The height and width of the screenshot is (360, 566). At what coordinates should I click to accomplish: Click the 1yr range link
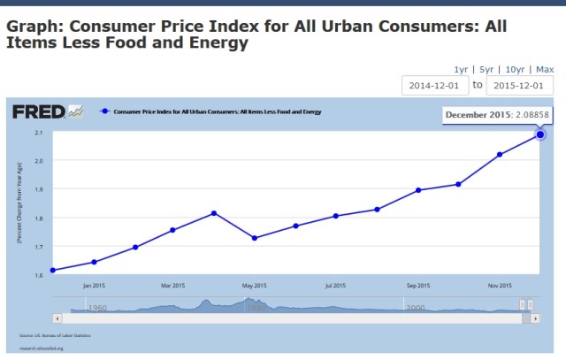coord(460,69)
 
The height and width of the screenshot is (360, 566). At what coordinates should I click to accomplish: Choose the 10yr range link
coord(514,69)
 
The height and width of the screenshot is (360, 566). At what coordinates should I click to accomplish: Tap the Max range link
coord(545,69)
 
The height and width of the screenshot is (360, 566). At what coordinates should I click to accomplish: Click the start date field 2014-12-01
coord(432,85)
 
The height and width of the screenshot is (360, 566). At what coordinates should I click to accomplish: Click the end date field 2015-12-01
coord(522,85)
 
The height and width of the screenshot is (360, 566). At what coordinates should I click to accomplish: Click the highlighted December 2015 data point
coord(540,134)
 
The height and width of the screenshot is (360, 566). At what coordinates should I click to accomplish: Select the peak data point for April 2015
coord(214,213)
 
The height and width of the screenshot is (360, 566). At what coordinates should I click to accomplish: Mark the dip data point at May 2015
coord(255,238)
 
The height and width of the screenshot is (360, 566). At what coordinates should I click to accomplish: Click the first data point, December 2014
coord(54,270)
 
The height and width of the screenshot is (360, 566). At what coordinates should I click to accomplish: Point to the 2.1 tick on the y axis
coord(39,133)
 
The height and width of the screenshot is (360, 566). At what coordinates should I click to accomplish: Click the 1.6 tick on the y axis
coord(39,275)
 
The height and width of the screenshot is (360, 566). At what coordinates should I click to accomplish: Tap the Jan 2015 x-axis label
coord(95,286)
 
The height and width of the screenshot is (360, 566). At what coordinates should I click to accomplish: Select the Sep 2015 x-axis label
coord(417,286)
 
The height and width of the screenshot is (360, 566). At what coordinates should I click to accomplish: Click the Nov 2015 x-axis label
coord(500,286)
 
